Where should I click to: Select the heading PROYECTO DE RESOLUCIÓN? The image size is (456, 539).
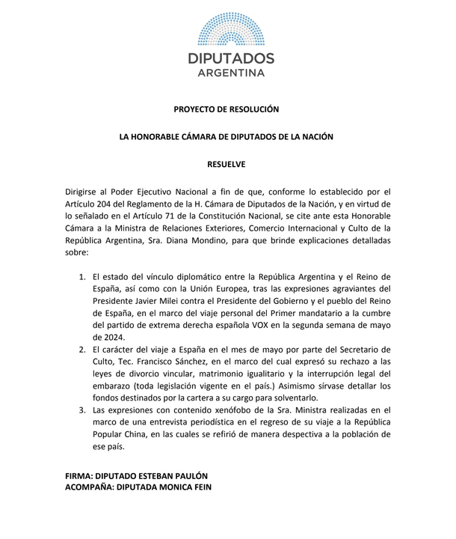pyautogui.click(x=227, y=109)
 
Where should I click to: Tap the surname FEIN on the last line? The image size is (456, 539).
pyautogui.click(x=200, y=489)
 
